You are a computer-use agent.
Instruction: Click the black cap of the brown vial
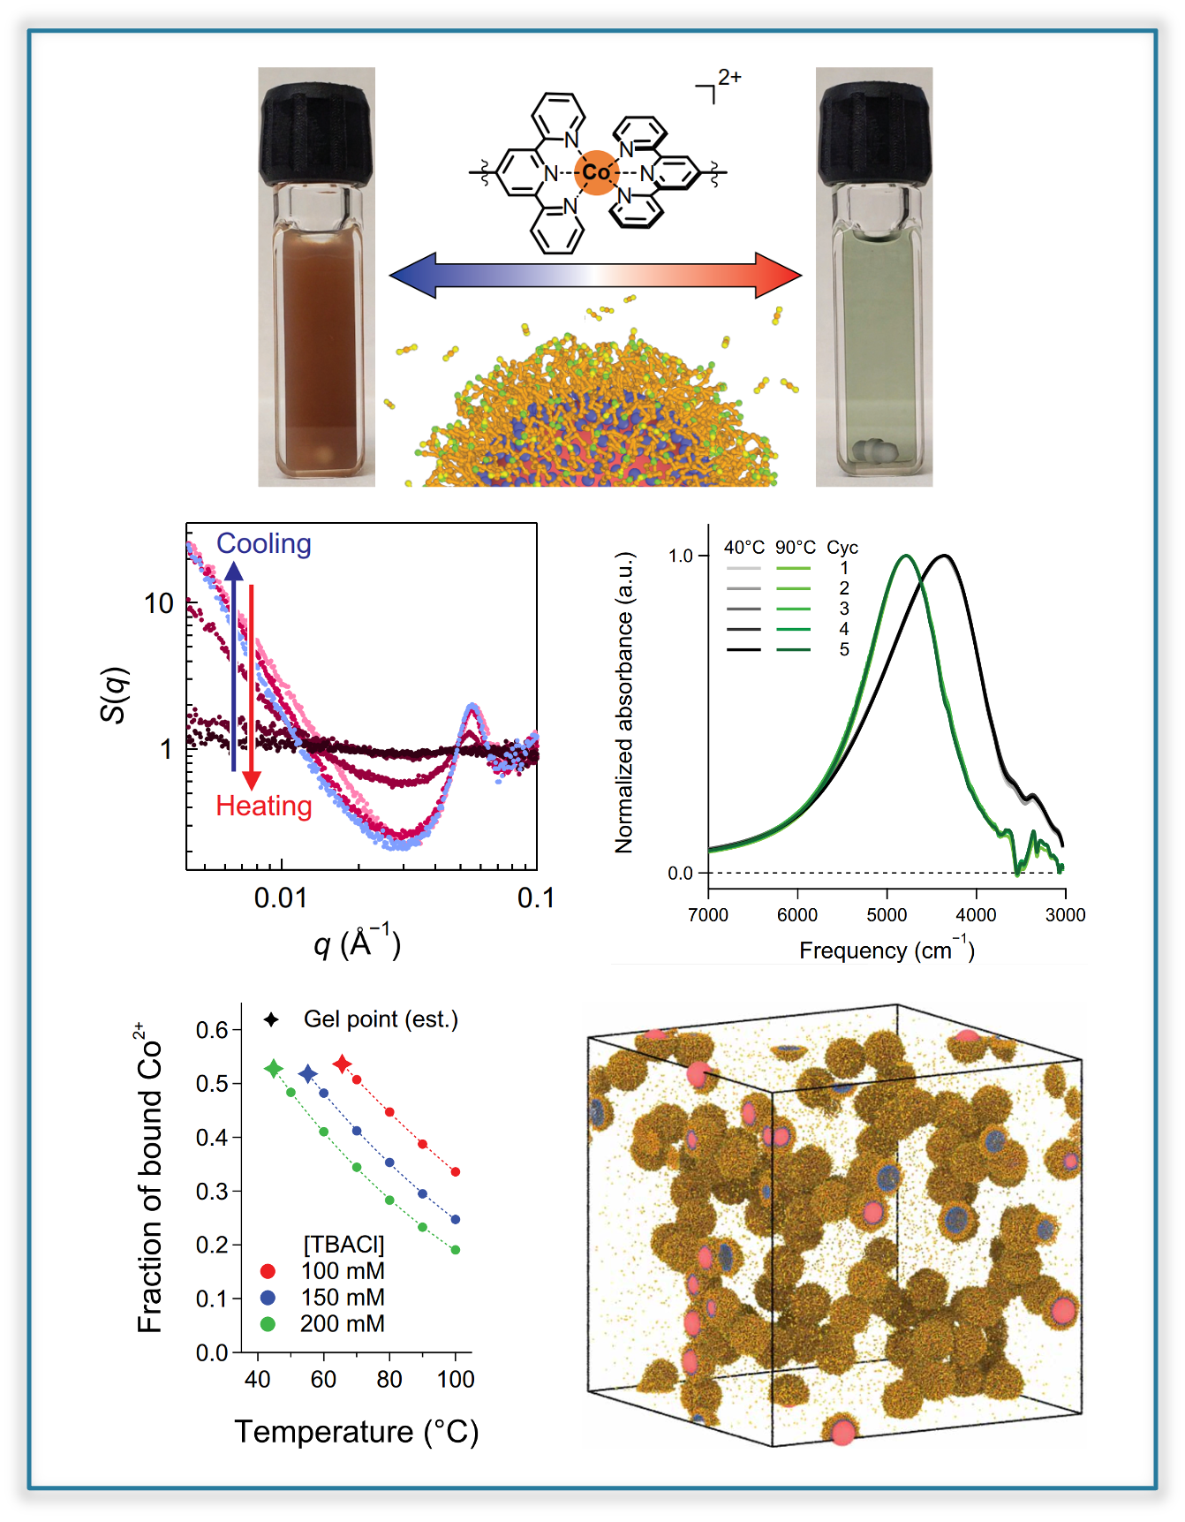click(315, 132)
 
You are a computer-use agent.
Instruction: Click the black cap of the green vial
click(874, 132)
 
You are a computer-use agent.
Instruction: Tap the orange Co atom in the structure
click(596, 172)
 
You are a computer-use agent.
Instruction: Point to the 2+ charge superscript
click(729, 77)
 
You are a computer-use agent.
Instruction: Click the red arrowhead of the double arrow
click(779, 275)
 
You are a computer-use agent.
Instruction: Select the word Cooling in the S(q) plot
click(264, 543)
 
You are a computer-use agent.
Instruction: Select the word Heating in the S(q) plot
click(264, 806)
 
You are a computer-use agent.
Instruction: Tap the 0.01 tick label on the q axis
click(281, 898)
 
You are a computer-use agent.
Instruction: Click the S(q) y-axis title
click(116, 695)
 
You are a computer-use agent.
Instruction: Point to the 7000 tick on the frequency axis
click(708, 914)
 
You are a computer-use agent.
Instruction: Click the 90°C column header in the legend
click(795, 548)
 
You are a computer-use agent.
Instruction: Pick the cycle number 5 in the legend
click(844, 649)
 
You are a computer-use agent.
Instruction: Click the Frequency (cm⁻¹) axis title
click(887, 950)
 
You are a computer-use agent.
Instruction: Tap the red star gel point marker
click(343, 1064)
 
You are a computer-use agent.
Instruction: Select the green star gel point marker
click(274, 1069)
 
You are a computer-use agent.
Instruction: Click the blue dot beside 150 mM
click(268, 1298)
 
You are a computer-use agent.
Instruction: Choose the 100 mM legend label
click(343, 1271)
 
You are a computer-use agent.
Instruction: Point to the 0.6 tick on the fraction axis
click(211, 1030)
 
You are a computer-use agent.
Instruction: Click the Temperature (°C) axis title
click(356, 1431)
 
